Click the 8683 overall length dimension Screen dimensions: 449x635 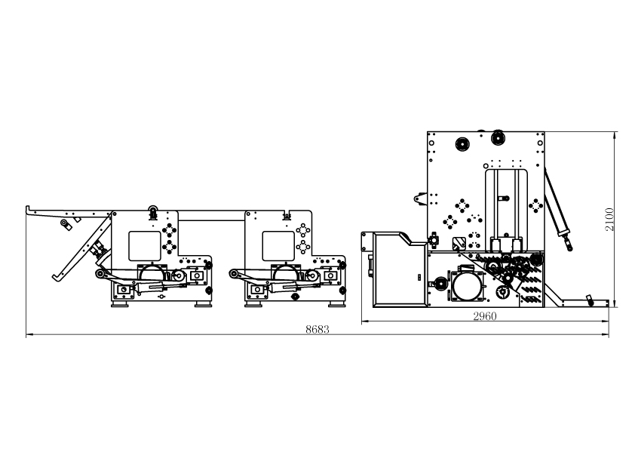tap(317, 330)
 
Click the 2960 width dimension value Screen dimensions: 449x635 tap(484, 317)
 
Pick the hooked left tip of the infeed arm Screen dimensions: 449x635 tap(28, 209)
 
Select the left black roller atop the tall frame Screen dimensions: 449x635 tap(462, 143)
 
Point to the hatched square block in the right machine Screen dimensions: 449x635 tap(458, 242)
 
